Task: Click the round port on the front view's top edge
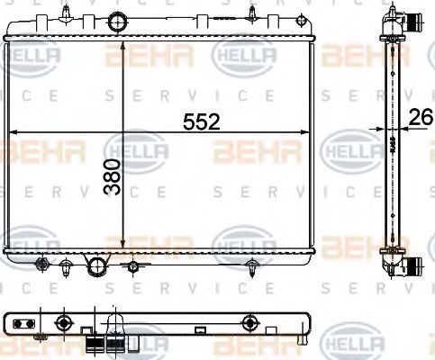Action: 115,22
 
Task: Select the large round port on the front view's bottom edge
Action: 95,265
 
